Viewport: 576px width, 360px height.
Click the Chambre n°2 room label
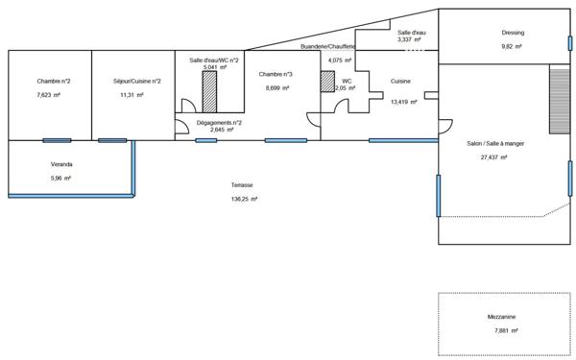point(54,81)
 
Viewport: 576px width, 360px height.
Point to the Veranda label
point(61,164)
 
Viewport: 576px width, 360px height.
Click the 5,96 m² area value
point(61,178)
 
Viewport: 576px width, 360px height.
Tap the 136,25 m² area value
point(245,199)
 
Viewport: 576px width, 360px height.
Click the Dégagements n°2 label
point(218,123)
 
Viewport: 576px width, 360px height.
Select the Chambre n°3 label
point(276,74)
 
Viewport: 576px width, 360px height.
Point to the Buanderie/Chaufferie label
point(327,46)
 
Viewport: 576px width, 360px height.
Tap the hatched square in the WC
point(326,82)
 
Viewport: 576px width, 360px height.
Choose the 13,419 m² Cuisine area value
point(403,100)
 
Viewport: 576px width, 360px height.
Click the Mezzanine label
point(501,317)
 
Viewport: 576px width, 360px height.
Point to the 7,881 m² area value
point(505,330)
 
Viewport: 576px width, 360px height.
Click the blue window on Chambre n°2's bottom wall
point(57,140)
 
